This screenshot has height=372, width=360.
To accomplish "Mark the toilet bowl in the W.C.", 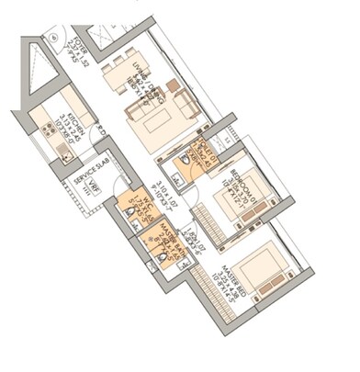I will pos(132,218).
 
